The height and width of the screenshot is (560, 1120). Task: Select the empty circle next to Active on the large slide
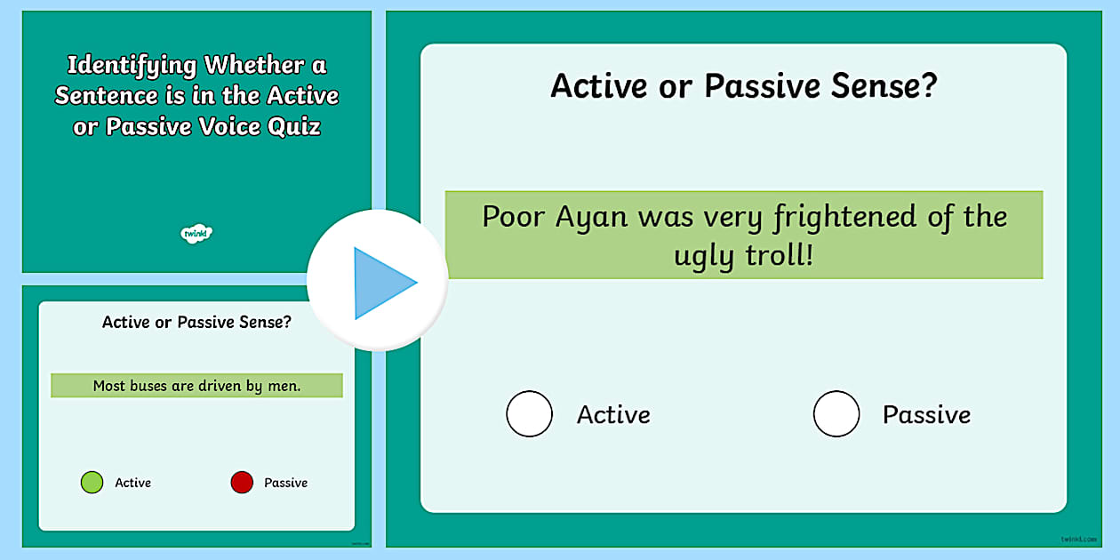tap(530, 414)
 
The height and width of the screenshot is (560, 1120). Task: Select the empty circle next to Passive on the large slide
tap(836, 414)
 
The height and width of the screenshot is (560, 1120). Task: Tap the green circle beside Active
tap(92, 483)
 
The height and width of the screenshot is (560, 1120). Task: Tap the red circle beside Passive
tap(242, 483)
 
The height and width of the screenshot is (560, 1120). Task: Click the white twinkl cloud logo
tap(196, 234)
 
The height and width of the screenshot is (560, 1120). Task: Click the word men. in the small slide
tap(284, 386)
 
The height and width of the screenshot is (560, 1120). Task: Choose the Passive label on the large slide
tap(926, 414)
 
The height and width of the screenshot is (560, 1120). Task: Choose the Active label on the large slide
tap(613, 414)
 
